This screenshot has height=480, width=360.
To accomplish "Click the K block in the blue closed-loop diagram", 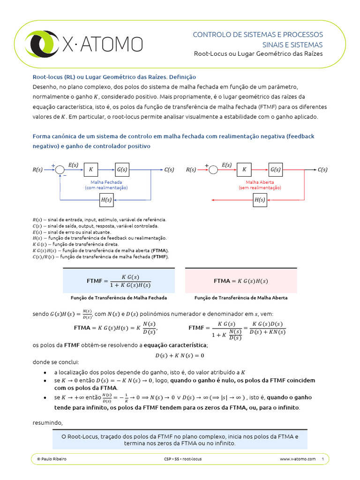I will tap(91, 170).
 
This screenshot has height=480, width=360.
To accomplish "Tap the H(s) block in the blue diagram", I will tap(106, 200).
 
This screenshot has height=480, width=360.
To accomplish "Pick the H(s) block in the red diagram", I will tap(260, 200).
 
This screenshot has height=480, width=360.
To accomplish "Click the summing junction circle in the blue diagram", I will tap(60, 170).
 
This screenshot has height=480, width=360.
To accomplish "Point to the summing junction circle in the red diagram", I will tap(213, 170).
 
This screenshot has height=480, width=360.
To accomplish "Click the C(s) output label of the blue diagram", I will tap(169, 170).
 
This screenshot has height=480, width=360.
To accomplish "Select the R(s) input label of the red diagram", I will tap(191, 170).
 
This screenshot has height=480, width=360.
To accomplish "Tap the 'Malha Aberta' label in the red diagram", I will tap(260, 182).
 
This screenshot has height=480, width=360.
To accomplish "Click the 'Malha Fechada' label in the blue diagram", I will tap(106, 182).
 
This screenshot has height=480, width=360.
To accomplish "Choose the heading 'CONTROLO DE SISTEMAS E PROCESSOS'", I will tap(258, 35).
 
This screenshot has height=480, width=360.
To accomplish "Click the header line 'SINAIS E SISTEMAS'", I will tap(291, 45).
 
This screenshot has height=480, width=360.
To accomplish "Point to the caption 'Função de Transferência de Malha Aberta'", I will tap(241, 298).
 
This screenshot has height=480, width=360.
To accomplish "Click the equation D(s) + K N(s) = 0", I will tap(180, 355).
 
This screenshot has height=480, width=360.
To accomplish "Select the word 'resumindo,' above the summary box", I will tap(47, 423).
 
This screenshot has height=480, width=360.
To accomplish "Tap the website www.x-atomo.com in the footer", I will tap(298, 459).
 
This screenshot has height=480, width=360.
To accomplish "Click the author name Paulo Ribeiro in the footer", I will tap(52, 459).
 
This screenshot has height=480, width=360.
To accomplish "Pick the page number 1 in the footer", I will tap(323, 459).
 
